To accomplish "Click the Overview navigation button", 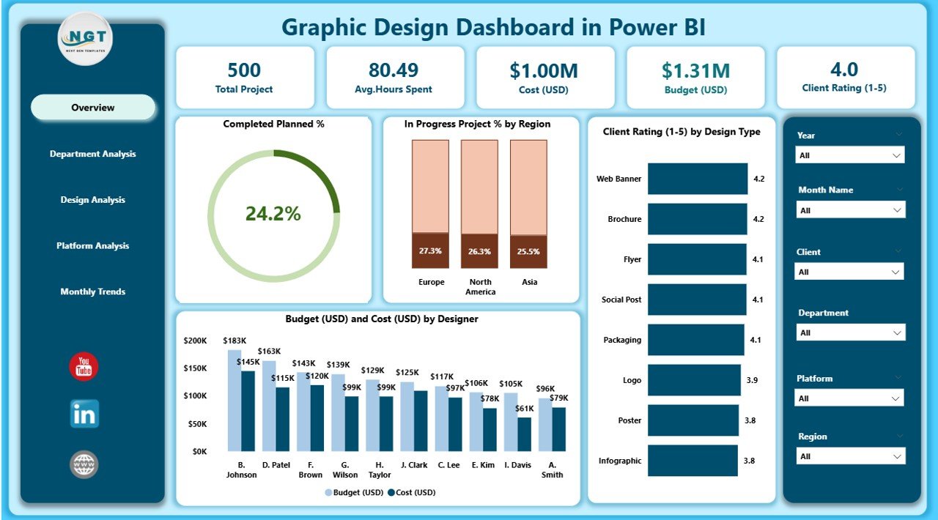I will pos(93,108).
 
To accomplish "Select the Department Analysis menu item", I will pos(93,154).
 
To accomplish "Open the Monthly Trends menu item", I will pos(93,291).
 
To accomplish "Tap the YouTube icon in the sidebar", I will pos(84,367).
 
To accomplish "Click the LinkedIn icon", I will pos(84,415).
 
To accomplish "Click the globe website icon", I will pos(84,464).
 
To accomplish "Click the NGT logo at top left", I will pos(84,39).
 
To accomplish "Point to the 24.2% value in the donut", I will pos(273,214).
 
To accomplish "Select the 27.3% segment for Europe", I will pos(430,250).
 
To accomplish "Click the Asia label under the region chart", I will pos(528,282).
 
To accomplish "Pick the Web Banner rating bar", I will pos(698,179).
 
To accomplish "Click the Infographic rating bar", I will pos(693,461).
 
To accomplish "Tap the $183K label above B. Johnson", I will pos(234,341).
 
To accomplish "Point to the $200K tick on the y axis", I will pos(196,341).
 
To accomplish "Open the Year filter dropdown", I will pos(850,155).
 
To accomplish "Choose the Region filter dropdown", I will pos(850,456).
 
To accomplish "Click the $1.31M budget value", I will pos(695,70).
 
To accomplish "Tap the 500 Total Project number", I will pos(244,70).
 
